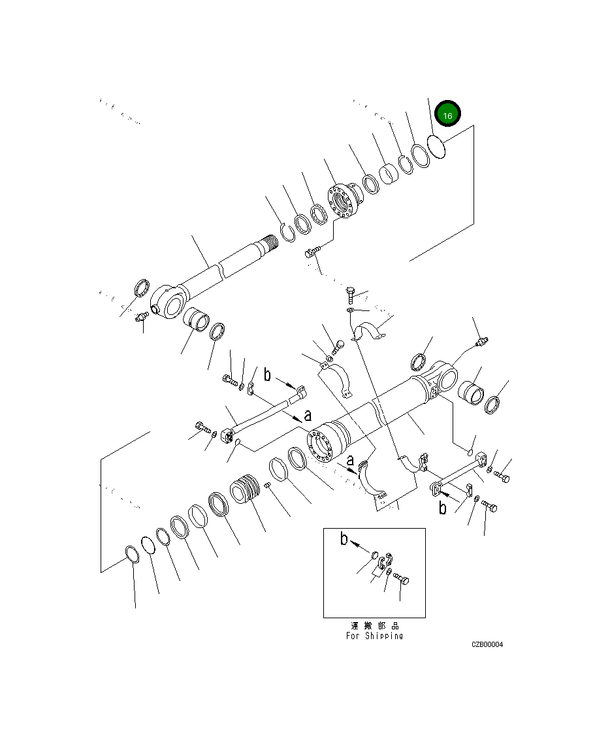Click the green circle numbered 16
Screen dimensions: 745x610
(x=448, y=115)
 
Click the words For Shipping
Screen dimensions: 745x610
(x=374, y=636)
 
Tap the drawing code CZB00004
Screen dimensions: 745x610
(x=487, y=644)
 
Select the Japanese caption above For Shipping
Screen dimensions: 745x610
(x=375, y=625)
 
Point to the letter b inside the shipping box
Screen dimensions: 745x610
(x=344, y=539)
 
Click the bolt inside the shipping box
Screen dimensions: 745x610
(x=402, y=579)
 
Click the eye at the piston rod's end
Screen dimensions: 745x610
(x=174, y=304)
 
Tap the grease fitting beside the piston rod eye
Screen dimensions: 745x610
(x=140, y=318)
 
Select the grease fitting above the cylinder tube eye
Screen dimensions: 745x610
(x=483, y=342)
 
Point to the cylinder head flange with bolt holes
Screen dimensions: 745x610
(x=342, y=202)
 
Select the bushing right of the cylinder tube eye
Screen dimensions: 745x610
(x=472, y=395)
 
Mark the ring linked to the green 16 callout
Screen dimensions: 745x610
(x=436, y=146)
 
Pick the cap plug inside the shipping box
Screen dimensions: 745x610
(x=375, y=555)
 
